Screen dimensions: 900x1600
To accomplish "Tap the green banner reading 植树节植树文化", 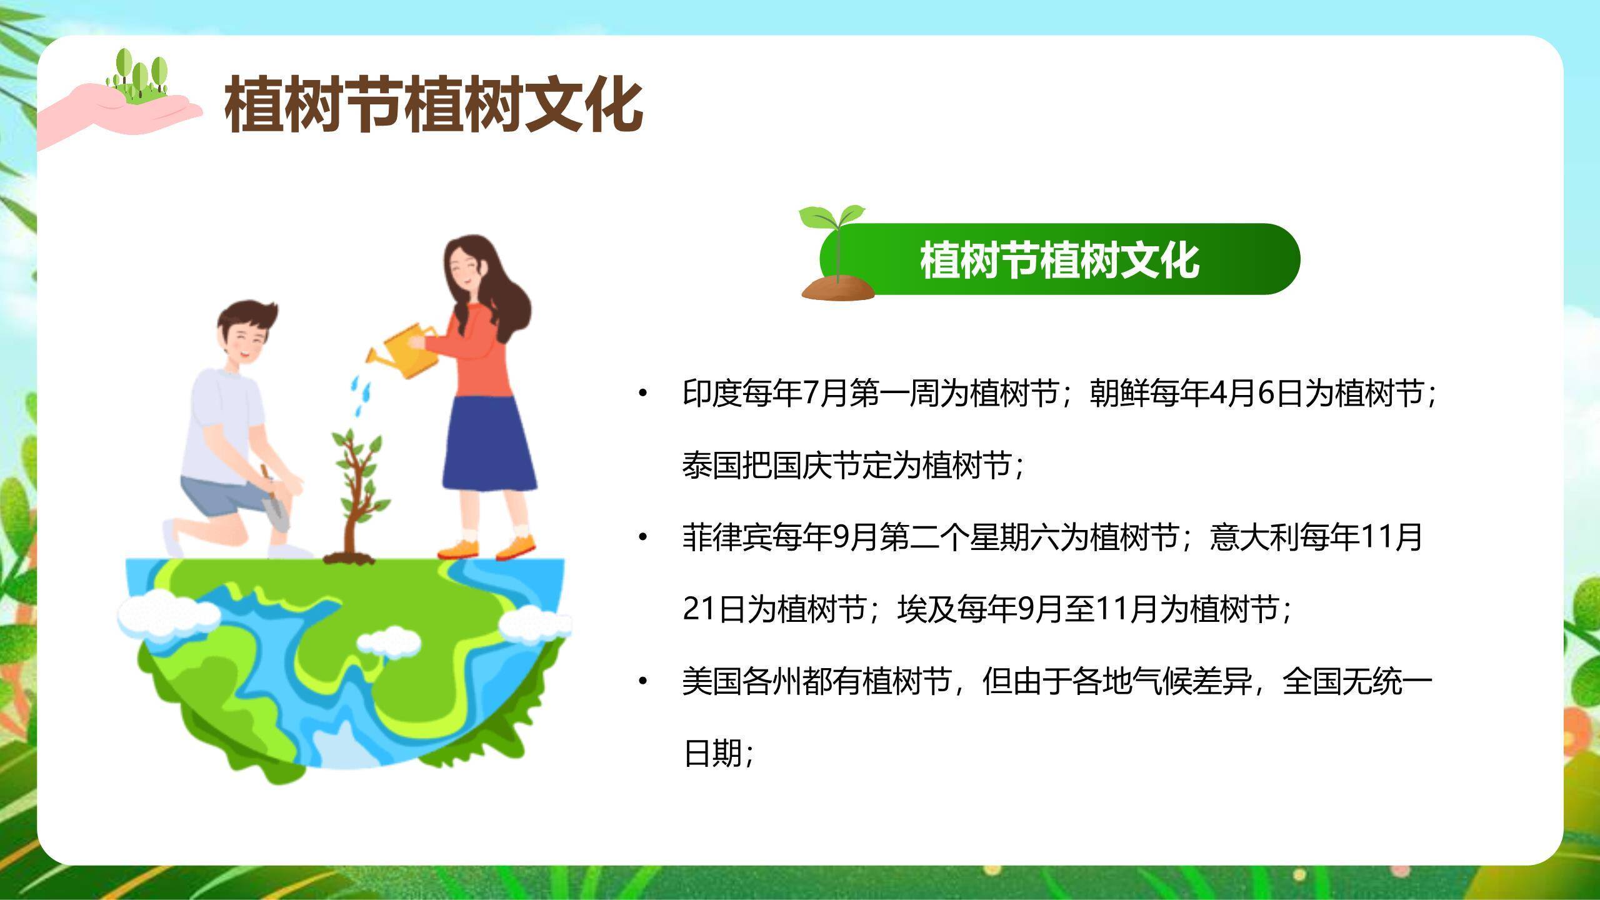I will coord(1059,259).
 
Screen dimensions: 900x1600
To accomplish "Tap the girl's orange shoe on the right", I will coord(516,546).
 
